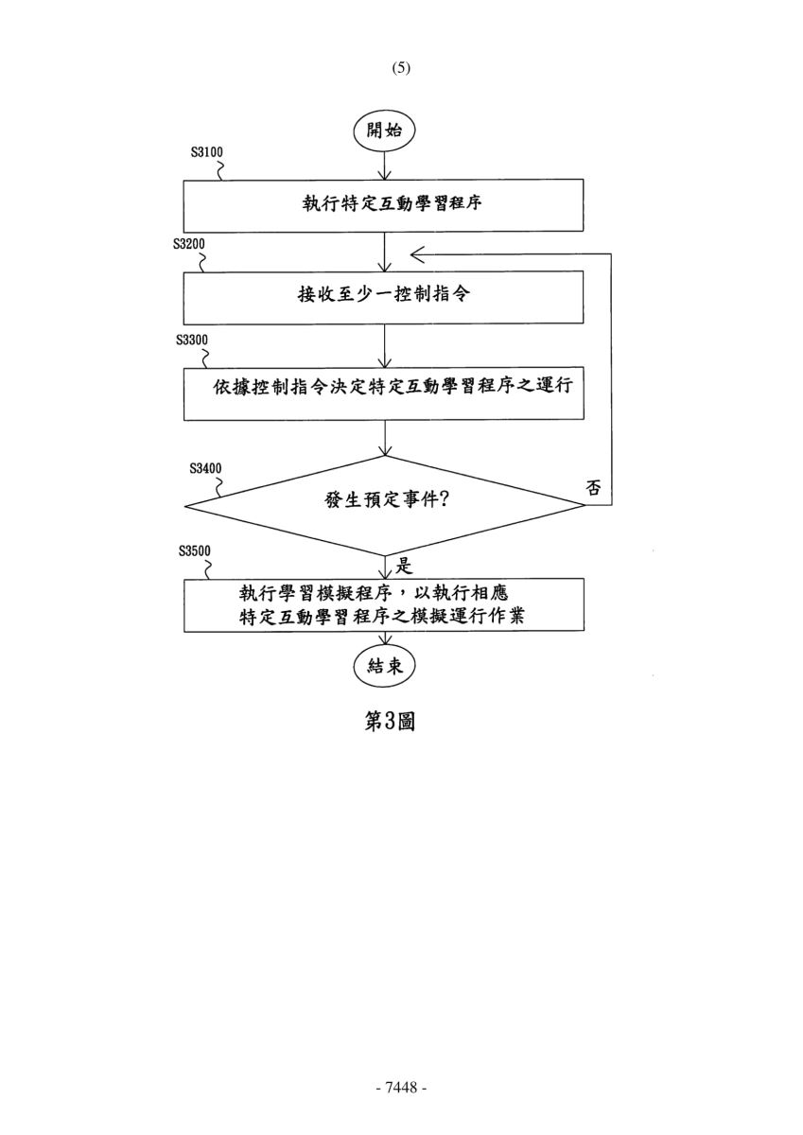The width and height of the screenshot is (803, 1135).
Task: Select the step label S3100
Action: [207, 152]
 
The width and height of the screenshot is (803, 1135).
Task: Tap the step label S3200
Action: [189, 244]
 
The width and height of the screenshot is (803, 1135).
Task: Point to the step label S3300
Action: [192, 340]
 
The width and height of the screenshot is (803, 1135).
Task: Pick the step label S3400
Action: [205, 468]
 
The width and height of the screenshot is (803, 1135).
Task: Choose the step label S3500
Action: [195, 550]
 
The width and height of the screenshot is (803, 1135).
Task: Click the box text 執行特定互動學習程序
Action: [393, 203]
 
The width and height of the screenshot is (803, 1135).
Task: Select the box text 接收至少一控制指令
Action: [384, 294]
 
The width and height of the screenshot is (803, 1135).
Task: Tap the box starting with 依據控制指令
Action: [383, 393]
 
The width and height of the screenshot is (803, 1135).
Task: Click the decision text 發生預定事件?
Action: [387, 500]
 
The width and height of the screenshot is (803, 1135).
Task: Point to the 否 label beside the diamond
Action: [593, 488]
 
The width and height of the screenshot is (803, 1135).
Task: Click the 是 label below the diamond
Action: [404, 566]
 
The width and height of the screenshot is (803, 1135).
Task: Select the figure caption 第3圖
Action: [390, 721]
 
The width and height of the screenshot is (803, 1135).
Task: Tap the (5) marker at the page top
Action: [401, 68]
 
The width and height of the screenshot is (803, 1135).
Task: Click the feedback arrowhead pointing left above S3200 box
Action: [417, 254]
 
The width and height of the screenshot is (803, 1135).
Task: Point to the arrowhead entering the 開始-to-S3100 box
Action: [385, 174]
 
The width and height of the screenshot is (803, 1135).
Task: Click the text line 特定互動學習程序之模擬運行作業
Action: [382, 617]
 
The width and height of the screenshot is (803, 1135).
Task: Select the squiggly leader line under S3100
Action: [220, 170]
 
